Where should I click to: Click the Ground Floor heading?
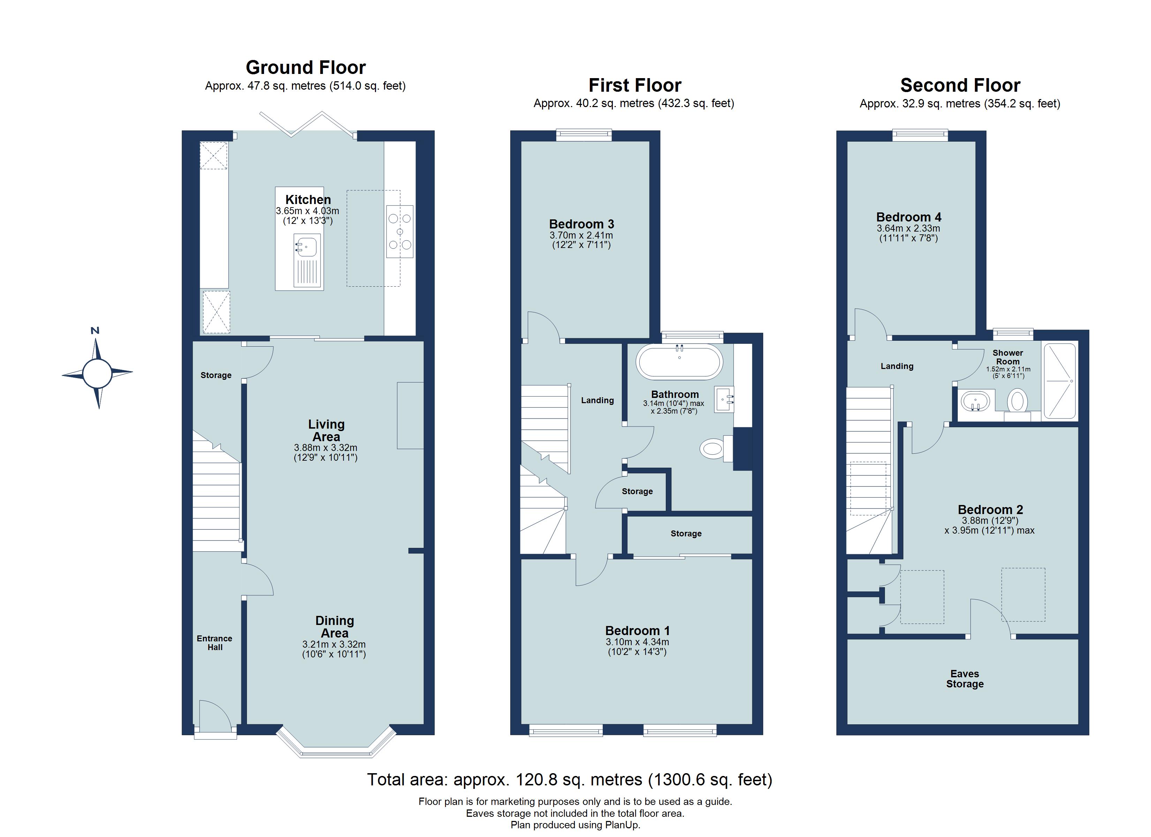click(306, 68)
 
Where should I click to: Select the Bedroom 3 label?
click(581, 224)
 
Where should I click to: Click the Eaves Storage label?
click(964, 679)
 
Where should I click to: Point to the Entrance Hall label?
click(215, 643)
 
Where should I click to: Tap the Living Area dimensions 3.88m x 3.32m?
click(325, 448)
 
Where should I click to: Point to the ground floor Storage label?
click(216, 375)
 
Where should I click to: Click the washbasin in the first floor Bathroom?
click(724, 399)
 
